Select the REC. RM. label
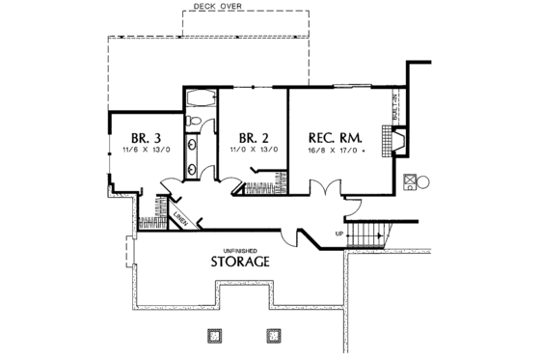[x=334, y=137]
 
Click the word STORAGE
[x=240, y=262]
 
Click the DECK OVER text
[x=213, y=6]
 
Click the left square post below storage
[x=214, y=335]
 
